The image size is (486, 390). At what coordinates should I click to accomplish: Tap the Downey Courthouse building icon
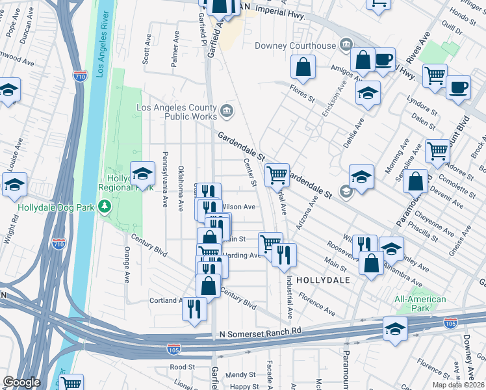pyautogui.click(x=346, y=45)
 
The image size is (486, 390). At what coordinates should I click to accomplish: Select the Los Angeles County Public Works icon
pyautogui.click(x=225, y=110)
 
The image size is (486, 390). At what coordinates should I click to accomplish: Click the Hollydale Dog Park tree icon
pyautogui.click(x=104, y=206)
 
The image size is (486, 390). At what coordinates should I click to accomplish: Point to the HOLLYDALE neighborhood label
pyautogui.click(x=323, y=280)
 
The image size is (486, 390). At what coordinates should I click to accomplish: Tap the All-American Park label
pyautogui.click(x=420, y=304)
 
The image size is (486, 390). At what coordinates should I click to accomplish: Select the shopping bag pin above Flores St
pyautogui.click(x=303, y=66)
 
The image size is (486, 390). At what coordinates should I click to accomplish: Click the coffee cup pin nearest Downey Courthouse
pyautogui.click(x=383, y=60)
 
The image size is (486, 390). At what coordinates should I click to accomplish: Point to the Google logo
pyautogui.click(x=21, y=382)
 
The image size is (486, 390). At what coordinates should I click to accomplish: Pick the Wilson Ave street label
pyautogui.click(x=238, y=207)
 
